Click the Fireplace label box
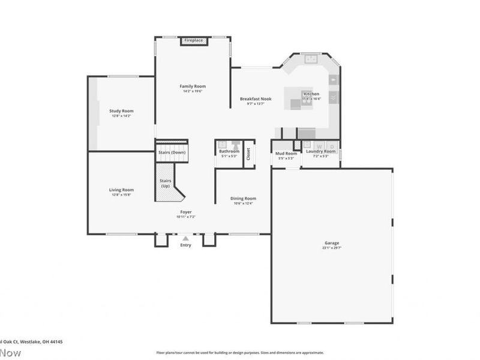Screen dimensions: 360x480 (x=193, y=40)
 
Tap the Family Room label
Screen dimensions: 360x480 (x=192, y=86)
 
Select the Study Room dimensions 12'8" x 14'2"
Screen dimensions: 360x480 (x=121, y=116)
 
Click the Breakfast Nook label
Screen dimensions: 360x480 (x=256, y=99)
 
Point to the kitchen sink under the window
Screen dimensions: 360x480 (x=310, y=59)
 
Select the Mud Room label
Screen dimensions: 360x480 (x=286, y=154)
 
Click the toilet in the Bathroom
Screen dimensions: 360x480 (x=236, y=145)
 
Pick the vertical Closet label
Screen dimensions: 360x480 (x=248, y=154)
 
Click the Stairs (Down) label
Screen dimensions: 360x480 (x=172, y=152)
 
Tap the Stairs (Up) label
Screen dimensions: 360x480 (x=166, y=183)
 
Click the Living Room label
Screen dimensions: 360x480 (x=121, y=190)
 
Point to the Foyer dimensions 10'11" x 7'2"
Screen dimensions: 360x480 (x=186, y=217)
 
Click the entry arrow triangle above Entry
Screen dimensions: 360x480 (x=185, y=238)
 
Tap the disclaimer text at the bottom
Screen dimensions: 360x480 (x=240, y=353)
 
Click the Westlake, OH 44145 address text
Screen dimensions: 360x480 (x=42, y=341)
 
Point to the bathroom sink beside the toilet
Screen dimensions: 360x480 (x=223, y=145)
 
